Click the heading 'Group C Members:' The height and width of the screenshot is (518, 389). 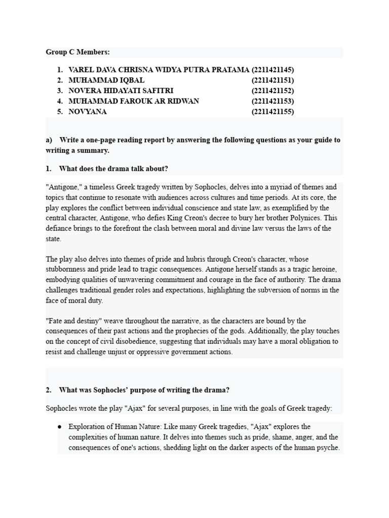[x=77, y=52]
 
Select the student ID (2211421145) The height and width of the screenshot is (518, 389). [x=273, y=70]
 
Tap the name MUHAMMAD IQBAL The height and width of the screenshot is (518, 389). [x=106, y=80]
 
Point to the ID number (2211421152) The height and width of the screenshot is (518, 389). [x=273, y=91]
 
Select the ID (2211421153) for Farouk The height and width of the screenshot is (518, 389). [x=273, y=101]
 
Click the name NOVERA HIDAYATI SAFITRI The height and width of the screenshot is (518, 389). [x=121, y=91]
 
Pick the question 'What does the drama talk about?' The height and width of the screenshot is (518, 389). [x=113, y=169]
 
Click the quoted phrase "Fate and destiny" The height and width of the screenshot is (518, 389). [x=73, y=321]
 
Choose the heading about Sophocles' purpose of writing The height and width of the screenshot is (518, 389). [x=144, y=390]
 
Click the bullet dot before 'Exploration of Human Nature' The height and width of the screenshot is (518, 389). [x=60, y=427]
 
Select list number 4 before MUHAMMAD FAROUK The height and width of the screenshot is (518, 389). [x=59, y=101]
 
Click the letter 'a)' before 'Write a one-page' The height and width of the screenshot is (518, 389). [x=49, y=140]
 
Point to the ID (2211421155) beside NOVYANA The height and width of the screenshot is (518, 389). [x=273, y=112]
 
